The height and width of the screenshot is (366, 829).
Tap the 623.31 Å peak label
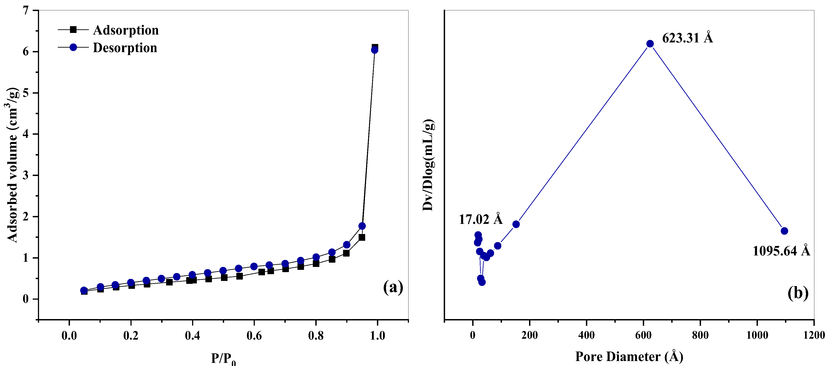point(687,38)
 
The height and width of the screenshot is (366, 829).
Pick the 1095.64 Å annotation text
point(781,251)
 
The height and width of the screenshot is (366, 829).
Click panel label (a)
point(393,287)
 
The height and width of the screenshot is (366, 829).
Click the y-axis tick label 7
point(26,11)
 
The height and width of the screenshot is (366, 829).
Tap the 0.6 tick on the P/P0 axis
point(254,336)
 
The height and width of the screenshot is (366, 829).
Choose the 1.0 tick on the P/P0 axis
point(377,336)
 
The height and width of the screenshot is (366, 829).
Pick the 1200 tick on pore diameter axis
point(814,335)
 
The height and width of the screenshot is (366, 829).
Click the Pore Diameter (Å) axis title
point(629,356)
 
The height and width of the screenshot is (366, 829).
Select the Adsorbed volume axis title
point(12,164)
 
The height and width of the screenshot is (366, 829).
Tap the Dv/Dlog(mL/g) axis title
point(428,165)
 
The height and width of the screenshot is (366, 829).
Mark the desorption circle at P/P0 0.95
point(362,226)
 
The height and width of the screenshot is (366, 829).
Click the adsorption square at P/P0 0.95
point(362,238)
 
